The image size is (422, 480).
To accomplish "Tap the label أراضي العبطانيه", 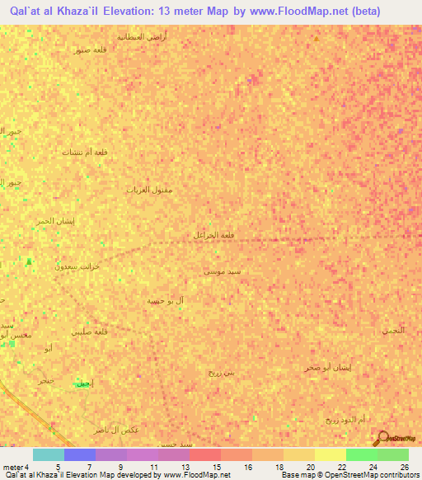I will click(142, 36).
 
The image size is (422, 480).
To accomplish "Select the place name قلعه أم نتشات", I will click(85, 152).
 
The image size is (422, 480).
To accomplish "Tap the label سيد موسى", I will click(223, 271).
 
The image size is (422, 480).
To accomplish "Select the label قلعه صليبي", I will click(90, 332).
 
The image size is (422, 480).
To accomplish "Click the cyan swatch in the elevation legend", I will click(49, 454).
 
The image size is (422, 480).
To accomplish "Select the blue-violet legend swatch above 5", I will click(79, 454).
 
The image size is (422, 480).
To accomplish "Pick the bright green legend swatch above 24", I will click(361, 454).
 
